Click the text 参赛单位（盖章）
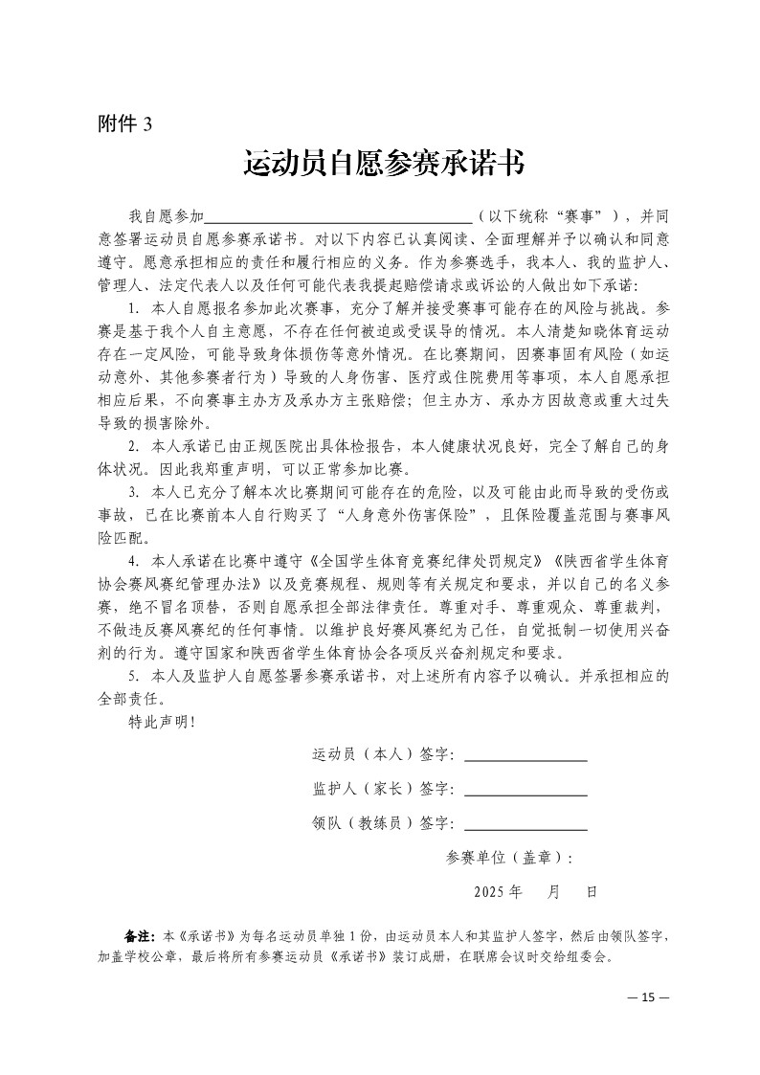point(508,858)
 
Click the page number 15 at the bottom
point(648,997)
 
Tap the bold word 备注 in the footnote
point(139,934)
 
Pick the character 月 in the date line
point(554,891)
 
